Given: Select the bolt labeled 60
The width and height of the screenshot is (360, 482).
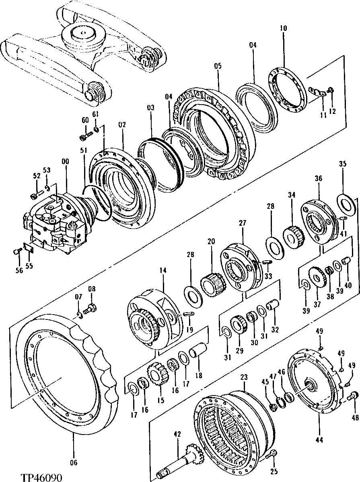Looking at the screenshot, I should coord(84,137).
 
